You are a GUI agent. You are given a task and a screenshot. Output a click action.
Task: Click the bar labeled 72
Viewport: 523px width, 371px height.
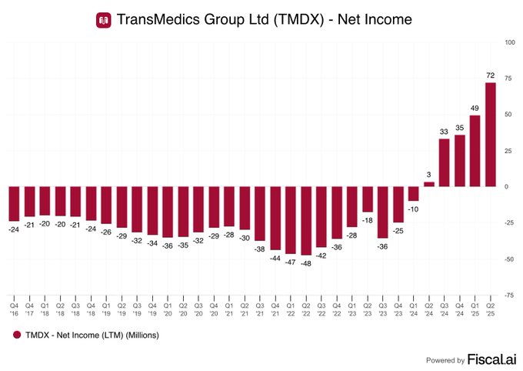point(490,135)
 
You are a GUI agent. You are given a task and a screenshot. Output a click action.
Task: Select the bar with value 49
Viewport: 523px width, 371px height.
point(475,151)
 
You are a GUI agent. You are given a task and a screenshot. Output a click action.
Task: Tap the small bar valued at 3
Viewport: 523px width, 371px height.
point(429,185)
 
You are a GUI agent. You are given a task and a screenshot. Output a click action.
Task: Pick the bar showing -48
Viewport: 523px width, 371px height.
point(306,221)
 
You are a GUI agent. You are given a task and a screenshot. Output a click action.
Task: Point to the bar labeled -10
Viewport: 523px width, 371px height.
point(414,194)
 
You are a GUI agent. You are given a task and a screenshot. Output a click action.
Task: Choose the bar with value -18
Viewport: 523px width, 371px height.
point(368,199)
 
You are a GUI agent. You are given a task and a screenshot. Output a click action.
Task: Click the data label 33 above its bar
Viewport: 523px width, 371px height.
point(444,132)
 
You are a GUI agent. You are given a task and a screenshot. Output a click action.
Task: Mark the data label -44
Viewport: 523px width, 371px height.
point(275,258)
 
